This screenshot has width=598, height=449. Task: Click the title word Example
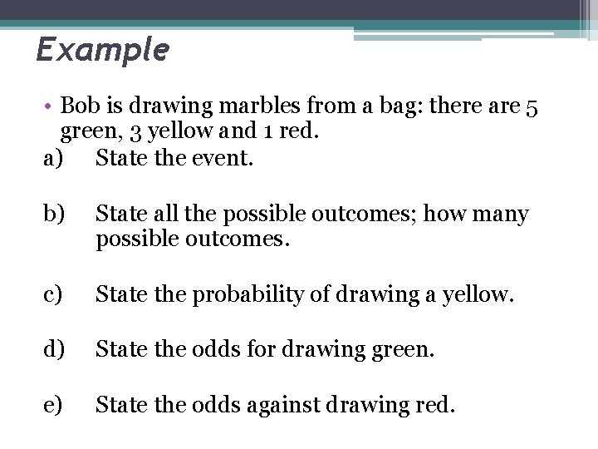coord(102,50)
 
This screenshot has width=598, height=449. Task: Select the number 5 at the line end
coord(532,106)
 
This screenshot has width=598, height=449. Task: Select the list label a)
coord(52,156)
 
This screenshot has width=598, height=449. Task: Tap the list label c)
coord(52,294)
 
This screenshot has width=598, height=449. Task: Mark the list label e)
coord(52,405)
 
